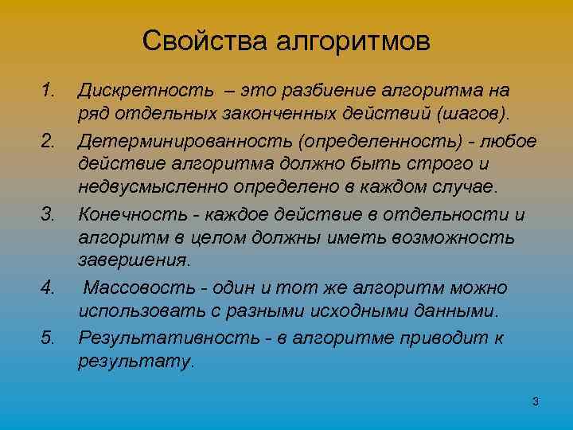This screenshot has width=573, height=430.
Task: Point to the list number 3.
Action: click(49, 214)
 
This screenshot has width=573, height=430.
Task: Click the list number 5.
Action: click(49, 338)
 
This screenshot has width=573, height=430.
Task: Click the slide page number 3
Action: click(535, 401)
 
